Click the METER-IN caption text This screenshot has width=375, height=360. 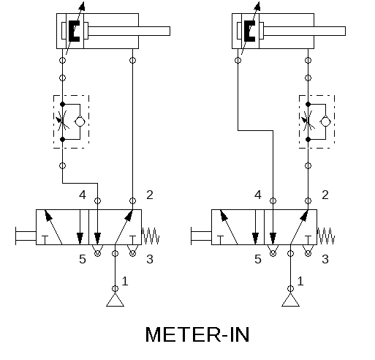[197, 334]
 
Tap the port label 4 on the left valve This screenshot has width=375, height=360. [83, 195]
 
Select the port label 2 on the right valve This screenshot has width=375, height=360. [325, 195]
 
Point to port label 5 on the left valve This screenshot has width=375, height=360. [83, 259]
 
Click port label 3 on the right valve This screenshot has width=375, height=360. [325, 259]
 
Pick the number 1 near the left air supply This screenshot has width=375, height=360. [125, 281]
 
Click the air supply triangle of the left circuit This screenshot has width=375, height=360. [115, 300]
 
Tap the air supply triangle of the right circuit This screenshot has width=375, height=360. [290, 300]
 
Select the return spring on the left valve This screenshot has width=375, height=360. [151, 236]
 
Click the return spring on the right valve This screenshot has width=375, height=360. [326, 236]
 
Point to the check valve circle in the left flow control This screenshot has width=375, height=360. [80, 121]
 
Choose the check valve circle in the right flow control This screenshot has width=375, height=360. [325, 121]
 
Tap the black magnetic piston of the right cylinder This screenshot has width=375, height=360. [249, 31]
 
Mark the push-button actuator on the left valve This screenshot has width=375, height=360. [26, 236]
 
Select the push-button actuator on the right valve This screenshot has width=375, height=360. [201, 236]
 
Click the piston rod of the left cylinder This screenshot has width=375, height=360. [129, 31]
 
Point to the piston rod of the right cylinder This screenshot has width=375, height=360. [304, 31]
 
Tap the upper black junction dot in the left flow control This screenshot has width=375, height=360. [62, 104]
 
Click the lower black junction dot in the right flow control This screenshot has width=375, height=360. [308, 139]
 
